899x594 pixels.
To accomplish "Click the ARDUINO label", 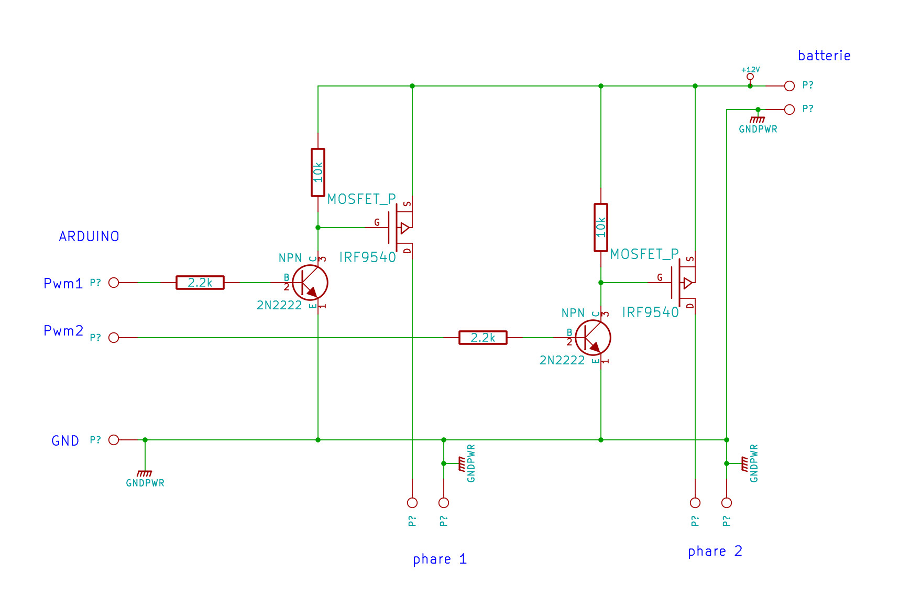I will pyautogui.click(x=89, y=236).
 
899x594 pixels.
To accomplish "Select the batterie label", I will pyautogui.click(x=824, y=56).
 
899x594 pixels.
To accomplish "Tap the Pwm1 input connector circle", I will pyautogui.click(x=114, y=283).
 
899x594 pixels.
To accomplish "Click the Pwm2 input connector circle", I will pyautogui.click(x=114, y=338).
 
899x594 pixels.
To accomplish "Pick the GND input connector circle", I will pyautogui.click(x=114, y=440).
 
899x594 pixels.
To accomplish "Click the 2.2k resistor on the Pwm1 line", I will pyautogui.click(x=200, y=283).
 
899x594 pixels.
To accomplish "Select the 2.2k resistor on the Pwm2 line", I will pyautogui.click(x=483, y=338).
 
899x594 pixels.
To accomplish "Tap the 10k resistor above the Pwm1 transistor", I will pyautogui.click(x=318, y=172).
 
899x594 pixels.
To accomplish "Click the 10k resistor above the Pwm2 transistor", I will pyautogui.click(x=601, y=228).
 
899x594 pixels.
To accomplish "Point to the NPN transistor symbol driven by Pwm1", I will pyautogui.click(x=310, y=283).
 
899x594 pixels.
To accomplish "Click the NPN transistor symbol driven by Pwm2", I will pyautogui.click(x=593, y=338).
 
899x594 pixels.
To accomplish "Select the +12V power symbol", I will pyautogui.click(x=750, y=73).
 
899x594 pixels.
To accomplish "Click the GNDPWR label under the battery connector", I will pyautogui.click(x=758, y=129).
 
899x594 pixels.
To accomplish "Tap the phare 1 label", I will pyautogui.click(x=440, y=559).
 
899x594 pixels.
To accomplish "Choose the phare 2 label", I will pyautogui.click(x=715, y=552).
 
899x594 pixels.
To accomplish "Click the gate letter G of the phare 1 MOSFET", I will pyautogui.click(x=377, y=223).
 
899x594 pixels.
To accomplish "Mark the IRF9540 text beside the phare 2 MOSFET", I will pyautogui.click(x=650, y=312).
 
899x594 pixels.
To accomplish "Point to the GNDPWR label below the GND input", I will pyautogui.click(x=145, y=483).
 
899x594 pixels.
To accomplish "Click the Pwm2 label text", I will pyautogui.click(x=63, y=331).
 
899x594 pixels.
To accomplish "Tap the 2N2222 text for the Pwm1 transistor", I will pyautogui.click(x=279, y=305).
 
